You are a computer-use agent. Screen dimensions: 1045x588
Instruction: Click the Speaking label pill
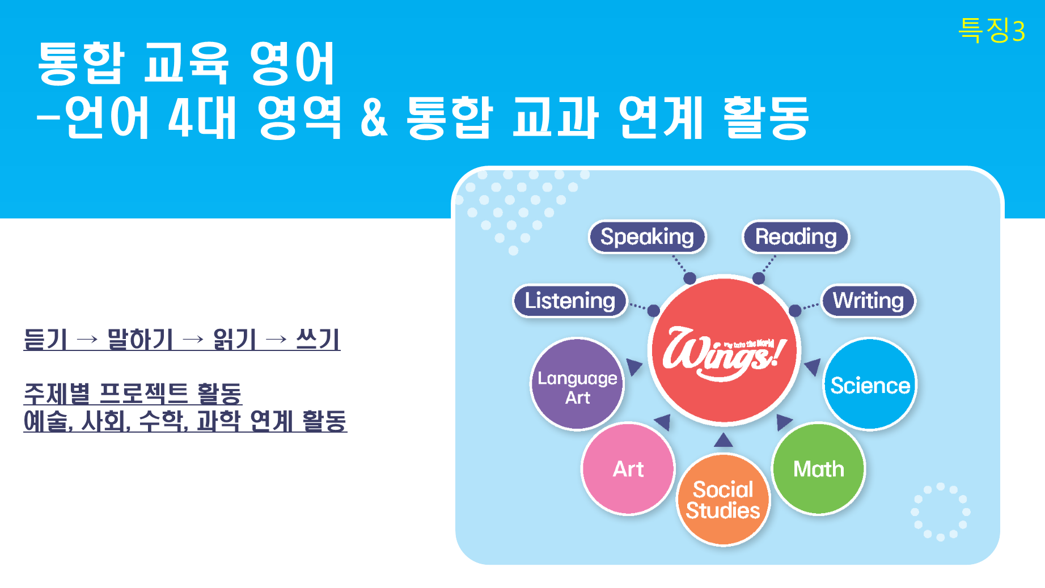click(x=647, y=236)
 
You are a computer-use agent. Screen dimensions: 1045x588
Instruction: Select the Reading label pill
click(x=796, y=236)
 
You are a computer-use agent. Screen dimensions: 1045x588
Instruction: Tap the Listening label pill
click(x=570, y=301)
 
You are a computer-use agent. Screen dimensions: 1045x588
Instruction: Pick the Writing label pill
click(x=868, y=301)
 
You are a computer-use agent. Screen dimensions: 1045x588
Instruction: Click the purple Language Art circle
click(x=577, y=384)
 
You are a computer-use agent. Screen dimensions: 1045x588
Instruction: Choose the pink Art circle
click(x=628, y=469)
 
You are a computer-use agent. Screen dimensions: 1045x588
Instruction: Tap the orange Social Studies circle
click(x=723, y=500)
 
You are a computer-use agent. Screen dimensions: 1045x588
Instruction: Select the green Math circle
click(x=818, y=469)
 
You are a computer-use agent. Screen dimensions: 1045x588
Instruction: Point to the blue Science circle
click(x=870, y=384)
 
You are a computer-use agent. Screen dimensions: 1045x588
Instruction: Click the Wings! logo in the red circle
click(x=724, y=353)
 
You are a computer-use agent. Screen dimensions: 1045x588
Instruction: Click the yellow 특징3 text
click(x=992, y=29)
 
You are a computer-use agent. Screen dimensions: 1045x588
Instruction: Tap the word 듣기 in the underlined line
click(x=45, y=340)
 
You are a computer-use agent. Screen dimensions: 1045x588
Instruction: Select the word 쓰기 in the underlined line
click(x=318, y=340)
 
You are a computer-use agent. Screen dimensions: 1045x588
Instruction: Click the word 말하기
click(x=140, y=340)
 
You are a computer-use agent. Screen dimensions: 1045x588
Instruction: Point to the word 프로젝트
click(x=143, y=394)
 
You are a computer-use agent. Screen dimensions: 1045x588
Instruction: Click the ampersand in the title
click(x=374, y=117)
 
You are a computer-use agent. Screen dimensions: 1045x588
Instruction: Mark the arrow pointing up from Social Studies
click(x=724, y=439)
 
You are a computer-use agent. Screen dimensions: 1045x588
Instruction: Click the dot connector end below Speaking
click(x=689, y=278)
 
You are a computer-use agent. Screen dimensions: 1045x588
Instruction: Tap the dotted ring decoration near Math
click(x=940, y=512)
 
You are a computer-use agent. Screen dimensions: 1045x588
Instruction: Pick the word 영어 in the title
click(x=293, y=63)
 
